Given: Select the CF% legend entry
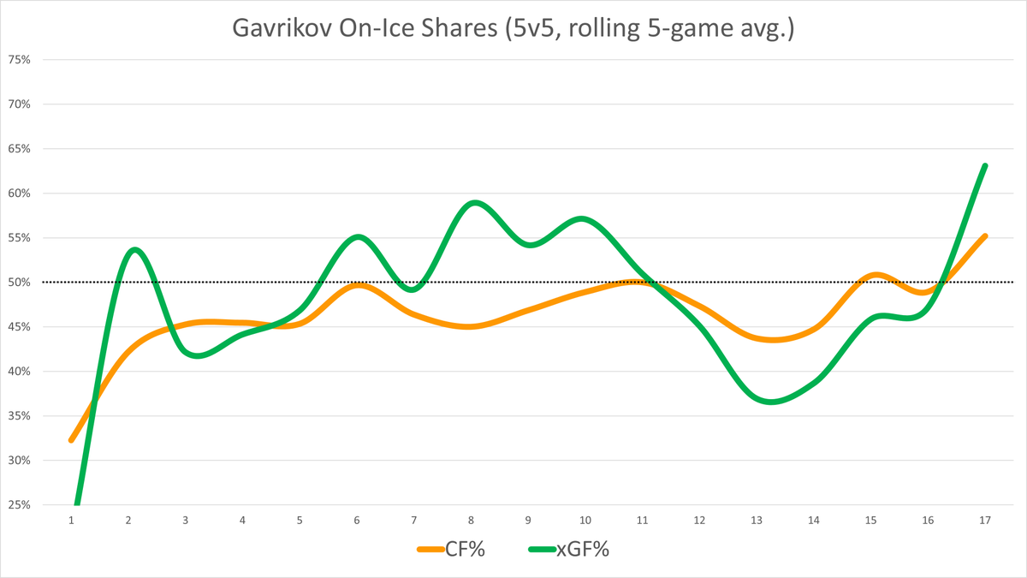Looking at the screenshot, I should pos(451,550).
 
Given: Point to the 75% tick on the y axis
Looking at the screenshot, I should pos(19,60).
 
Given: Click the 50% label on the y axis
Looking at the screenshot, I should pos(19,283).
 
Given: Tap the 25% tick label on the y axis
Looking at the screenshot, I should pos(19,505).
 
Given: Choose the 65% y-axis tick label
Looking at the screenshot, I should pos(19,149).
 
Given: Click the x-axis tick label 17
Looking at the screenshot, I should pos(985,520).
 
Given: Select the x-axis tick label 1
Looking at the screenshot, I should pos(71,520).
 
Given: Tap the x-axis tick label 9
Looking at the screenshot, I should pos(528,520).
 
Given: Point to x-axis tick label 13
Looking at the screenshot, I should pos(757,520).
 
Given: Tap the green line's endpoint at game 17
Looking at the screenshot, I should pos(985,165).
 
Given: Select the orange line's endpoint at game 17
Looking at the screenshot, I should pos(985,235).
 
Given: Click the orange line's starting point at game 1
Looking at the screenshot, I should pos(71,440).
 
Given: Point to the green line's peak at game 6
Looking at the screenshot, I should pos(358,236).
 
